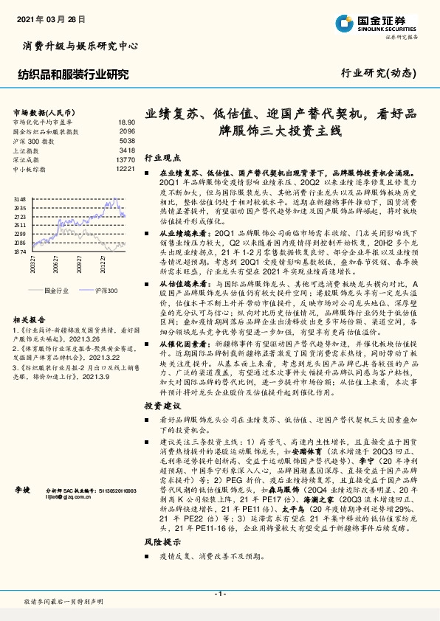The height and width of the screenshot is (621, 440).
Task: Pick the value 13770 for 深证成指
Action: (x=125, y=159)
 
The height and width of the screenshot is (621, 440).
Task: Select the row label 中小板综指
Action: (x=30, y=169)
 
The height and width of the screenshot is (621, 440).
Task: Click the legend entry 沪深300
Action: (x=107, y=291)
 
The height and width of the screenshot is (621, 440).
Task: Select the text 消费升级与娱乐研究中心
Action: (x=76, y=46)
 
